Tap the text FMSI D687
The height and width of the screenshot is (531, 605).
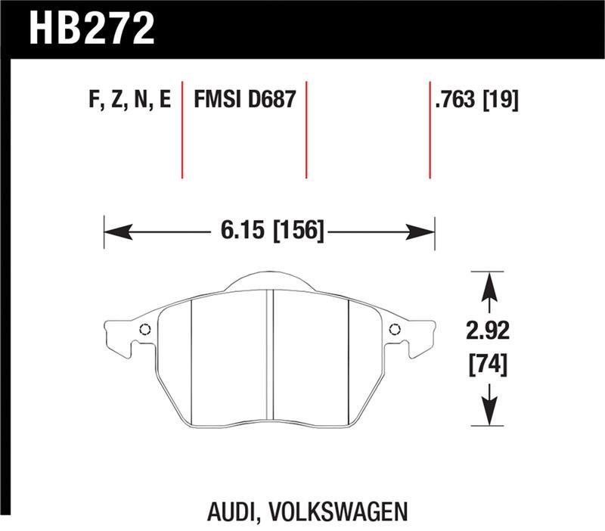[244, 100]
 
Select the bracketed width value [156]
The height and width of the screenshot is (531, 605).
[299, 229]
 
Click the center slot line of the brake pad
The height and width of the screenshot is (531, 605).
[270, 356]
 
